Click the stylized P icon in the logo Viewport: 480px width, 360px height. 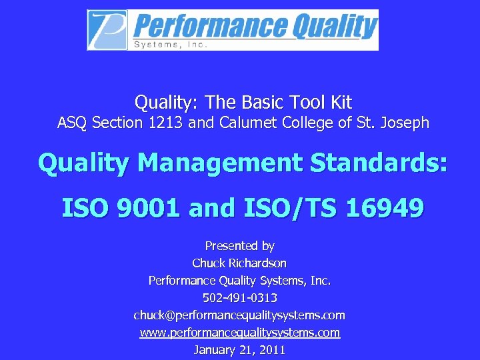[x=108, y=29]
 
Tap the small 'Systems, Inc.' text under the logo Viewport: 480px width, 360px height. [x=171, y=45]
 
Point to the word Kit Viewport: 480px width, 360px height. [x=339, y=103]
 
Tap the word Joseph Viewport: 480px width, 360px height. [x=405, y=123]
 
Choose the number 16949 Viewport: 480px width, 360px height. [x=385, y=209]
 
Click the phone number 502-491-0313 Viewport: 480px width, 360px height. [x=239, y=297]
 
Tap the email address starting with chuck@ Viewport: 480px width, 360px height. [x=239, y=315]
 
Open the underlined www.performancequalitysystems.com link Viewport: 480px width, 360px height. [x=239, y=332]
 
